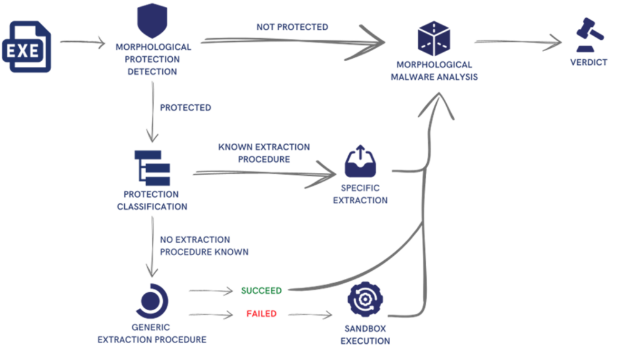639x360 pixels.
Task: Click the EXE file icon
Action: (x=27, y=47)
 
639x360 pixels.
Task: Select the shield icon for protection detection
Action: (x=152, y=21)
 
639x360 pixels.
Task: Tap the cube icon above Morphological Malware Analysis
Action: (x=434, y=39)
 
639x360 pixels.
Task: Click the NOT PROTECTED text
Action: (x=292, y=27)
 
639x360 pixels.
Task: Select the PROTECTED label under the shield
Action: (x=185, y=107)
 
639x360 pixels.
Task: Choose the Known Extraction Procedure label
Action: (x=264, y=153)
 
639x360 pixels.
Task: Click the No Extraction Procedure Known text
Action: (x=204, y=245)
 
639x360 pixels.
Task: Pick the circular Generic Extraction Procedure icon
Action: (x=152, y=300)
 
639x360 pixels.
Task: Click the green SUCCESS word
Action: (x=261, y=290)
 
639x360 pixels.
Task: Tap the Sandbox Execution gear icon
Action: (x=365, y=300)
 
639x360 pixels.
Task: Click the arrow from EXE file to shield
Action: (x=82, y=42)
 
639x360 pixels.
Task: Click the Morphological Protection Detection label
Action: (x=153, y=59)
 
